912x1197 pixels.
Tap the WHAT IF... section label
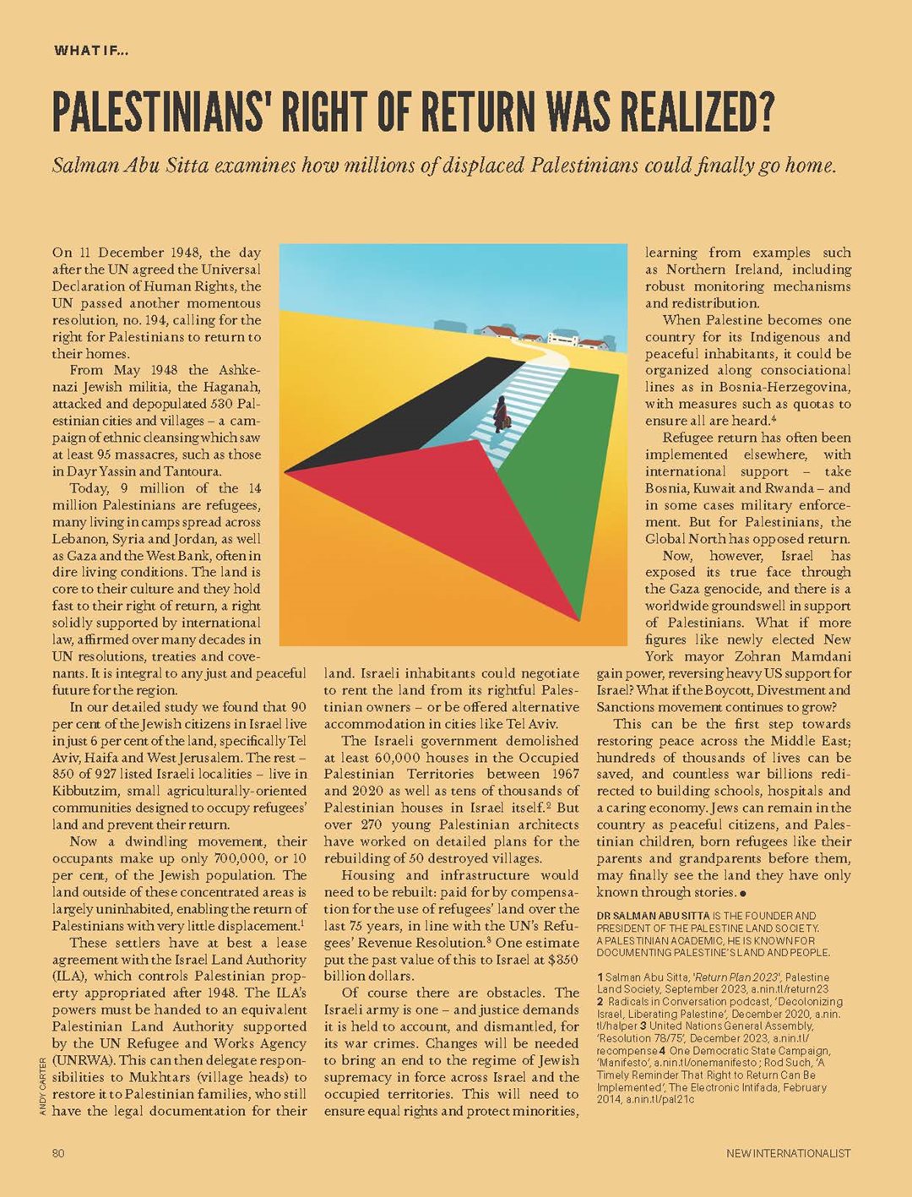coord(91,51)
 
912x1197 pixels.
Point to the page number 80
coord(58,1153)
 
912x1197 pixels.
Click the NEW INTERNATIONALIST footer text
coord(789,1153)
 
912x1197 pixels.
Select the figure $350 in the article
coord(562,960)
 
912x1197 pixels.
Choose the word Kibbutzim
coord(84,791)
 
